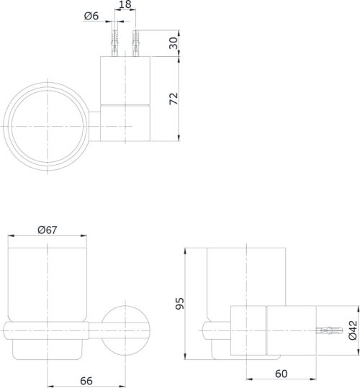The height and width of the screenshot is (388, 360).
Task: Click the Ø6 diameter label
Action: (91, 16)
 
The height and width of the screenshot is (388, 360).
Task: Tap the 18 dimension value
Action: (125, 4)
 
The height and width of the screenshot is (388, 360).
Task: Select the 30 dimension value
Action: (174, 43)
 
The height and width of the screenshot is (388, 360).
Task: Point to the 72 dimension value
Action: (174, 99)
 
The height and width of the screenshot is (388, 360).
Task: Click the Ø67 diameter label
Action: (48, 230)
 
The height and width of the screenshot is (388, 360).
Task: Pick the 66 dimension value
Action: (86, 381)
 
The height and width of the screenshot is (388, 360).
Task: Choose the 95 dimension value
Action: (180, 303)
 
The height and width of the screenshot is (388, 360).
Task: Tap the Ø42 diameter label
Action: (353, 330)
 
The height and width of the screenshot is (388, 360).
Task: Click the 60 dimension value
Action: (281, 374)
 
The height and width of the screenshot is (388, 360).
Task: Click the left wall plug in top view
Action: (114, 43)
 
